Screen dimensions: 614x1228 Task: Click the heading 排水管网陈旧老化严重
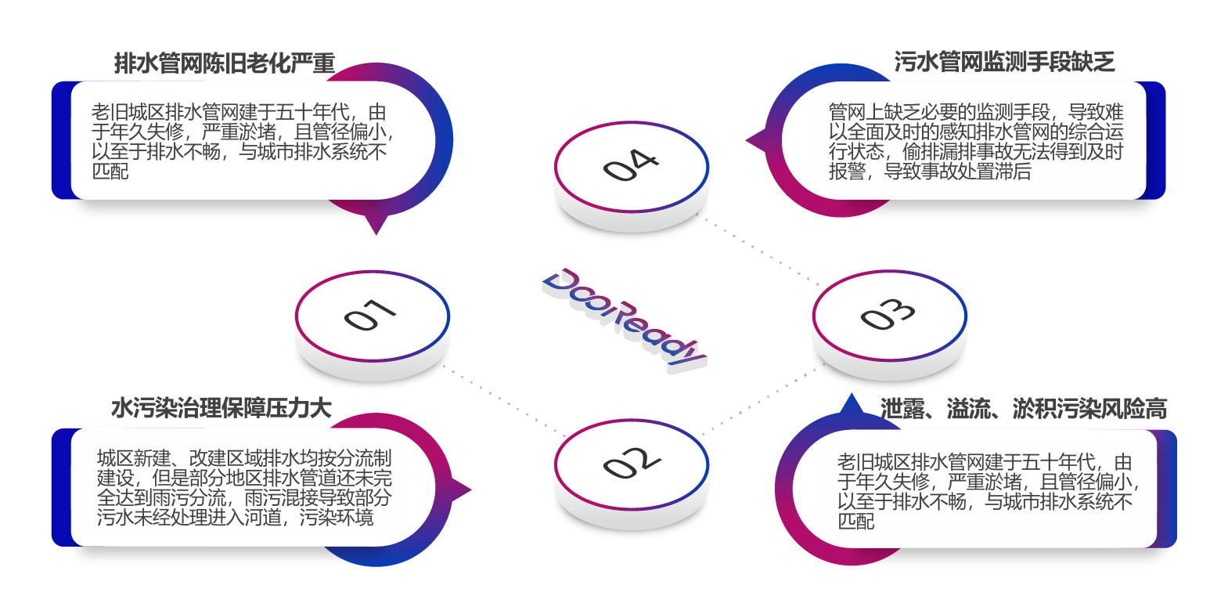coord(224,63)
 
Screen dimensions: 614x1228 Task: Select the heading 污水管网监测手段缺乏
coord(1004,62)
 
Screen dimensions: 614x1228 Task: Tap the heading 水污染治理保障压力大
coord(221,408)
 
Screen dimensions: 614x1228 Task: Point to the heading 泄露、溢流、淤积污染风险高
coord(1023,408)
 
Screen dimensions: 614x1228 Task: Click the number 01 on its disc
coord(370,315)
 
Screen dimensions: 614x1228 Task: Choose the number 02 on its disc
coord(631,463)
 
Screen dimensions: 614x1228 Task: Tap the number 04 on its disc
coord(631,164)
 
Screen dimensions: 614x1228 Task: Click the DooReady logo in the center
coord(624,319)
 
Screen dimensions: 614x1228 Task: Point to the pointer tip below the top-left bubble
coord(377,230)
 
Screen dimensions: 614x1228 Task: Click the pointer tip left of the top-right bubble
coord(750,142)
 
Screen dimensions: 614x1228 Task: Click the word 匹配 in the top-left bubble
coord(110,171)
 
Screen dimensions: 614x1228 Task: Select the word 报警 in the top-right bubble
coord(847,171)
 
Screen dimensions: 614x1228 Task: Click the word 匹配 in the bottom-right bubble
coord(856,520)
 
